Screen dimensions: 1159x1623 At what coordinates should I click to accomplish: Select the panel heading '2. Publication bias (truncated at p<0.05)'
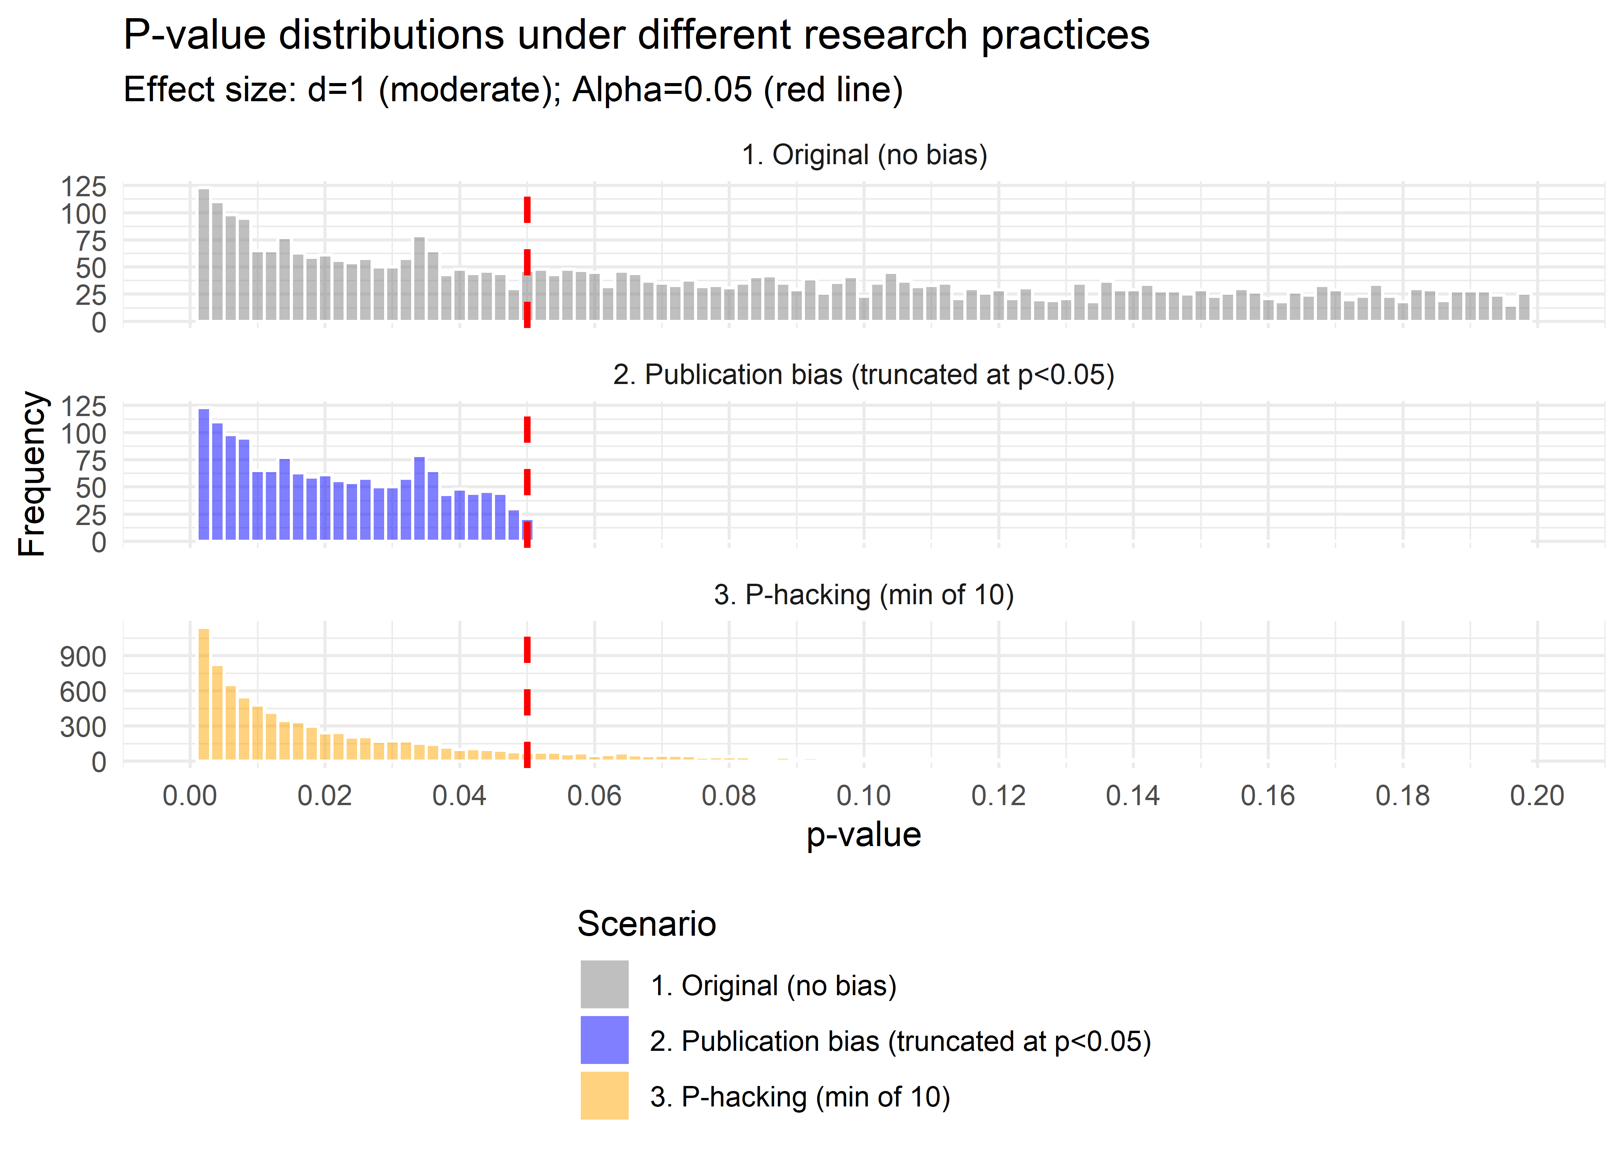click(x=864, y=375)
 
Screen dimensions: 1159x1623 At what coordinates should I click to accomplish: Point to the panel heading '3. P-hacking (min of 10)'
click(x=864, y=595)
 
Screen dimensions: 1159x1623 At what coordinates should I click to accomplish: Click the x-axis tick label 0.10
click(x=864, y=796)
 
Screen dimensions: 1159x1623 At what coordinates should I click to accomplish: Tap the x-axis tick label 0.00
click(x=190, y=796)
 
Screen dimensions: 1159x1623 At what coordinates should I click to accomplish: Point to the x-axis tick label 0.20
click(x=1537, y=796)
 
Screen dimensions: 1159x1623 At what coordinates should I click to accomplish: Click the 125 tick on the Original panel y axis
click(x=83, y=187)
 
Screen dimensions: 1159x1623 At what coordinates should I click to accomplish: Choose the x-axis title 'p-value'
click(x=864, y=834)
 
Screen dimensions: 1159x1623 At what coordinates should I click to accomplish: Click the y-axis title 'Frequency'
click(x=32, y=474)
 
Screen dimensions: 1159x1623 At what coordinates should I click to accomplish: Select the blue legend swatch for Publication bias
click(x=604, y=1040)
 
